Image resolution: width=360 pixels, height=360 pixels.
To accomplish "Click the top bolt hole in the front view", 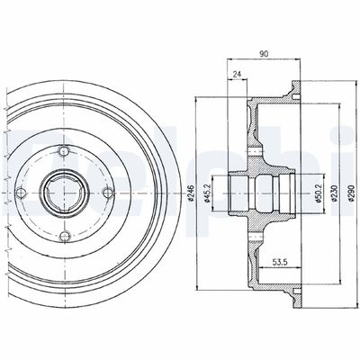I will coord(66,151).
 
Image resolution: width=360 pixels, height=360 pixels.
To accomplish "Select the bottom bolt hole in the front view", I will coord(66,237).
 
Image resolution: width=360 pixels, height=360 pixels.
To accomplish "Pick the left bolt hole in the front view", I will coord(23,193).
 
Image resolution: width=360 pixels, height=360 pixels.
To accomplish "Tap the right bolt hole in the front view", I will coord(108,193).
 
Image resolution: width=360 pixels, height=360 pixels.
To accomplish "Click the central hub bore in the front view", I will coord(66,193).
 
